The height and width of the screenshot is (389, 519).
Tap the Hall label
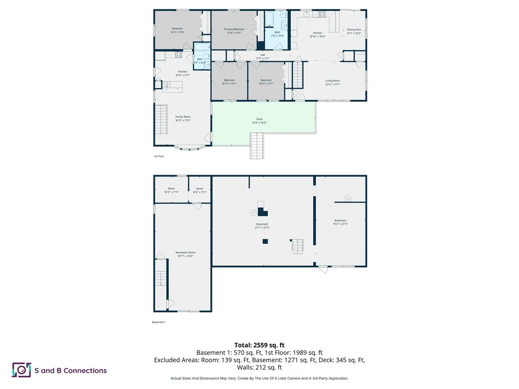263,56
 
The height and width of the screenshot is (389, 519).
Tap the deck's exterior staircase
257,145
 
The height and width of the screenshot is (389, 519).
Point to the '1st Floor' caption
159,157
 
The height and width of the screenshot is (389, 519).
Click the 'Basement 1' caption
159,322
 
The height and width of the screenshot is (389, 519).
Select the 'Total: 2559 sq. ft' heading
259,345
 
